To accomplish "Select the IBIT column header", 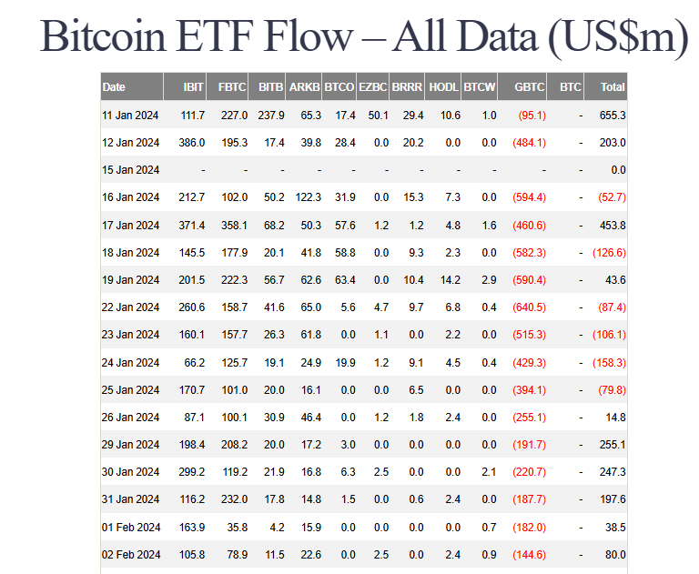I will (x=193, y=87).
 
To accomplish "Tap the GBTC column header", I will (x=530, y=87).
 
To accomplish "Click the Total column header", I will (x=613, y=87).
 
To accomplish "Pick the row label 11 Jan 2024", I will (x=131, y=116).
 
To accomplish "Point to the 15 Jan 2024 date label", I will (x=131, y=170).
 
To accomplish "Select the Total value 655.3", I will (x=612, y=116).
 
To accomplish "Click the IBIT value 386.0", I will (x=190, y=143).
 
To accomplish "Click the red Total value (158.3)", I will (x=609, y=363).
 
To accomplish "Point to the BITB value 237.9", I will (x=270, y=116).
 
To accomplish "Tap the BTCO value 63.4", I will (x=342, y=280).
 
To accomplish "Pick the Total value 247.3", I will (x=612, y=473).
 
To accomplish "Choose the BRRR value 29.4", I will (x=413, y=116).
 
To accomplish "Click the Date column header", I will (x=115, y=87).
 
